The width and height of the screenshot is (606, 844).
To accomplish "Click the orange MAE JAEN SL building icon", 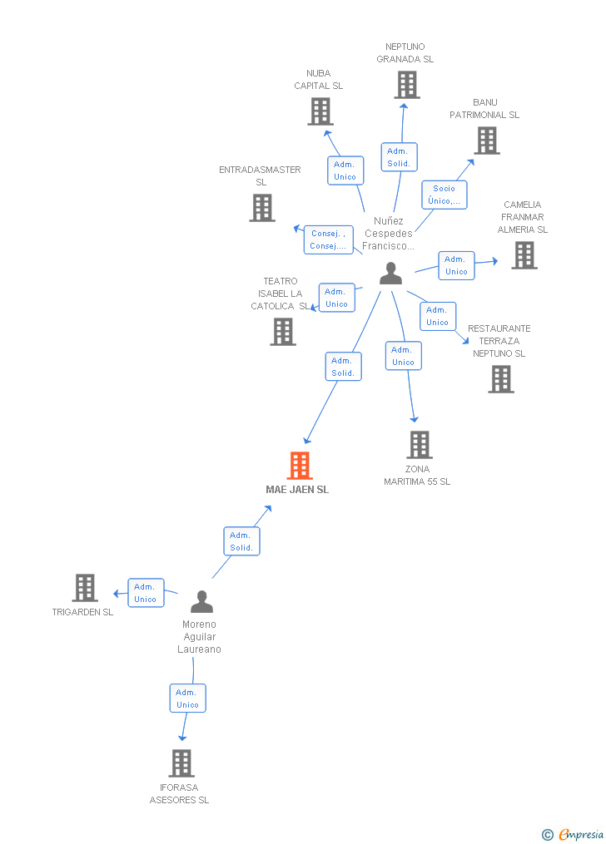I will [x=300, y=466].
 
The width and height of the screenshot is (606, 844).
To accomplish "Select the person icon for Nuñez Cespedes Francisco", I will [x=390, y=274].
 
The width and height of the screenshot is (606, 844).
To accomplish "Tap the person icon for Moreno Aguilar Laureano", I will [x=201, y=600].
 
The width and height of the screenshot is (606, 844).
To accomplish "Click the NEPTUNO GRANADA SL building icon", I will [x=406, y=85].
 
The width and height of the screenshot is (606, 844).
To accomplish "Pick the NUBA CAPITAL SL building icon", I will [x=320, y=111].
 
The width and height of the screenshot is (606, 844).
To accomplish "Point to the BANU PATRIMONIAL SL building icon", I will [x=487, y=141].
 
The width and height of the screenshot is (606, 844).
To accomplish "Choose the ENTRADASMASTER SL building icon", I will [x=262, y=208].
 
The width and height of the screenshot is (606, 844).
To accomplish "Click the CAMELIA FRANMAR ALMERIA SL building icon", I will [x=524, y=255].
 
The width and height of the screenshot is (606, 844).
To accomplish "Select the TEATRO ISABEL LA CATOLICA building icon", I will [x=283, y=332].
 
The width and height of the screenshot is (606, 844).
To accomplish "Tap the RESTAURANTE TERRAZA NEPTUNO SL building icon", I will [x=500, y=379].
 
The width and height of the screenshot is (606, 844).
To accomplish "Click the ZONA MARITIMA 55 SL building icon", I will [x=419, y=445].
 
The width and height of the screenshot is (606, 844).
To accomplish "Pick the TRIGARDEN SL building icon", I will [x=85, y=588].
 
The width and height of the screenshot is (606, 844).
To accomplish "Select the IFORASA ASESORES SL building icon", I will [x=181, y=763].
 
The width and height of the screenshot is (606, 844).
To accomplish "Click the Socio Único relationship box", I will [x=444, y=195].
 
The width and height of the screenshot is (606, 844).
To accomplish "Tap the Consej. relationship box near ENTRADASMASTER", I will [x=328, y=239].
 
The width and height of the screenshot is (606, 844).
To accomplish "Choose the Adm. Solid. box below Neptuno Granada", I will [x=399, y=157].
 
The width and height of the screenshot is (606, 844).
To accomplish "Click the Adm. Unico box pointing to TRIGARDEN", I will [x=146, y=593].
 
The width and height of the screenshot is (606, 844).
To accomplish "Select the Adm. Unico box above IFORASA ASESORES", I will [x=187, y=698].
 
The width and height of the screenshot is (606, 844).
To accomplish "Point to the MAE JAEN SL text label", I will [x=297, y=490].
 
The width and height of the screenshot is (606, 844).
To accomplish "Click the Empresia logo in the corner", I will [x=574, y=834].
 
